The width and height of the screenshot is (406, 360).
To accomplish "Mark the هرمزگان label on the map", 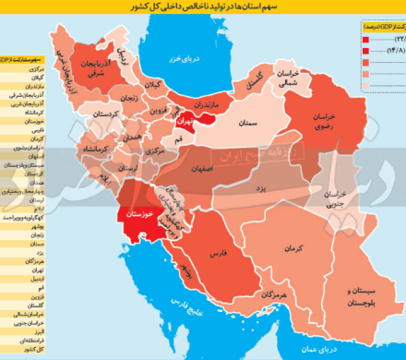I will [x=273, y=293].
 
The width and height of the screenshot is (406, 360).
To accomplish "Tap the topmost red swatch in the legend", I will [x=354, y=39].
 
